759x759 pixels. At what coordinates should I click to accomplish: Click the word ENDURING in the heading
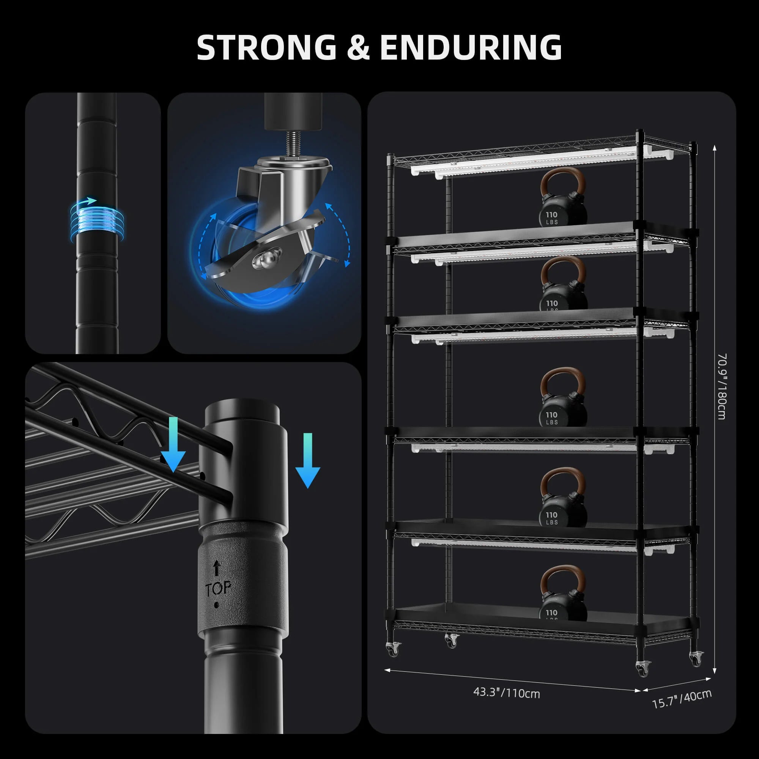coord(471,47)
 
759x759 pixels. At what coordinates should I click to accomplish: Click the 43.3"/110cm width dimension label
coord(506,692)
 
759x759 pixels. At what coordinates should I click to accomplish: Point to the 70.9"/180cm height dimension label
coord(722,387)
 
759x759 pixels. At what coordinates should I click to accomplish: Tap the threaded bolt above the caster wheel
coord(293,144)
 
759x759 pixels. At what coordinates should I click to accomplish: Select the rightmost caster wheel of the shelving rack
coord(696,659)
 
